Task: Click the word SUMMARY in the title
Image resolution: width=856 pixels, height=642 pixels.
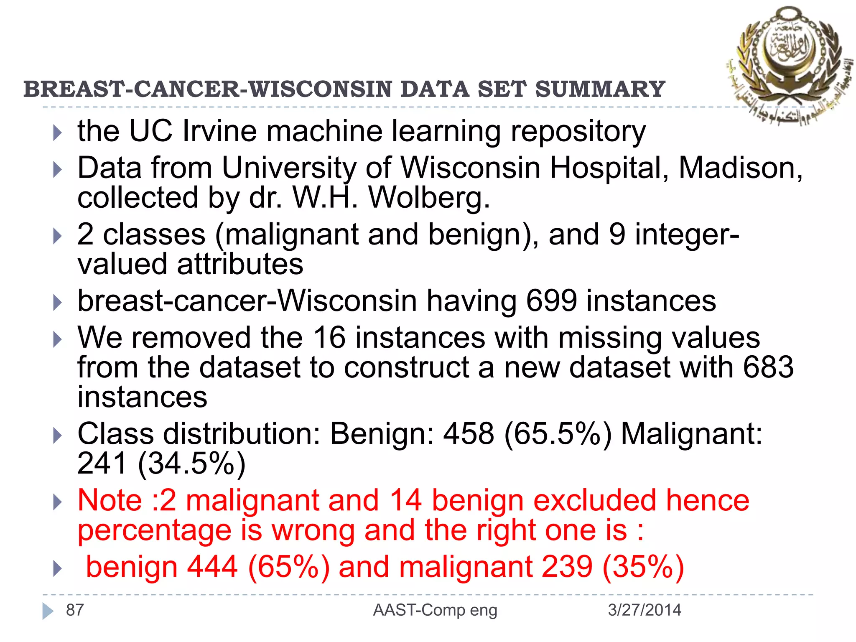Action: click(x=600, y=89)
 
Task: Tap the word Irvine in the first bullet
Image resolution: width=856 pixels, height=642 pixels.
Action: click(x=219, y=131)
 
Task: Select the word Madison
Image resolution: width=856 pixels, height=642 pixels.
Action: click(x=740, y=168)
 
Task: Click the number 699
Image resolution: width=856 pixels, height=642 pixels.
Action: click(x=551, y=301)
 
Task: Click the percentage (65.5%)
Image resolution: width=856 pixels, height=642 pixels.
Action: click(x=558, y=434)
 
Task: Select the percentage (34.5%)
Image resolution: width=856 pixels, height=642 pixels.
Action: click(x=191, y=464)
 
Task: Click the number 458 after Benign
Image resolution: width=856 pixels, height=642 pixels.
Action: click(x=469, y=434)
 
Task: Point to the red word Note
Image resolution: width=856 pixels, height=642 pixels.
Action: click(x=110, y=500)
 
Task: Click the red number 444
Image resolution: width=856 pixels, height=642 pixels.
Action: click(x=212, y=567)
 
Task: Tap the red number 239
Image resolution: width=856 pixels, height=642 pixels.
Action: click(x=567, y=567)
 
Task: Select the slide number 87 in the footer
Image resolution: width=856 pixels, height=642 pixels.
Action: click(x=75, y=610)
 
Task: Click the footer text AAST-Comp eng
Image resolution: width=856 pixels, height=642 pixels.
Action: click(x=435, y=610)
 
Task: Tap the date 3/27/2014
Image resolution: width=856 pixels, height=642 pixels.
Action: click(x=645, y=610)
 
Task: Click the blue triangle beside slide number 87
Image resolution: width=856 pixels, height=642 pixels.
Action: click(x=48, y=611)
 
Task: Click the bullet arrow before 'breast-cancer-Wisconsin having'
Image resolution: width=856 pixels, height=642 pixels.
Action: click(x=57, y=302)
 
